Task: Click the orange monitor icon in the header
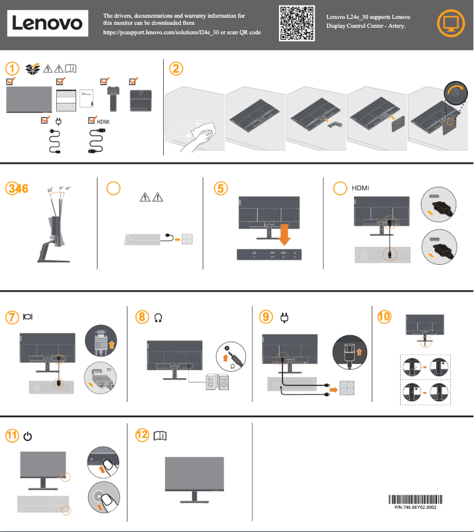coord(450,24)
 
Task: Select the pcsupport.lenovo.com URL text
coord(181,33)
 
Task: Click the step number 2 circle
coord(176,69)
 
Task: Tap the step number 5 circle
coord(220,188)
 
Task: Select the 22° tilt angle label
coord(50,190)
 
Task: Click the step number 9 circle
coord(266,317)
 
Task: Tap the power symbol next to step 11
coord(27,436)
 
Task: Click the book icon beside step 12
coord(160,436)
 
